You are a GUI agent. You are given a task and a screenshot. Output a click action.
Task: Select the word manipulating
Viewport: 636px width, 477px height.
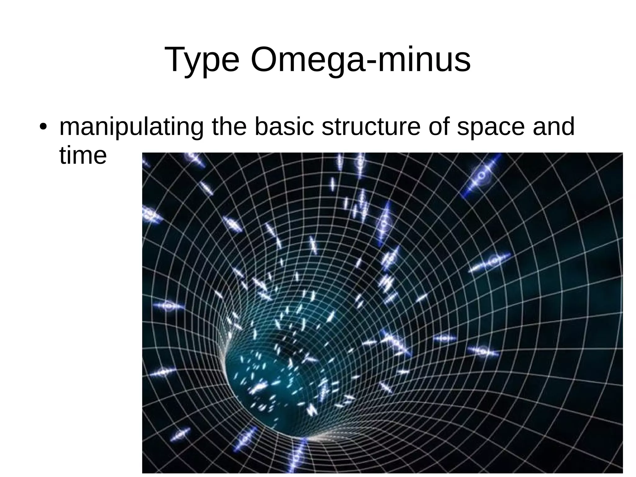(131, 127)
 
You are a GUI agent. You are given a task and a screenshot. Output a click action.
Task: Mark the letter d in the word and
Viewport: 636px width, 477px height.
(567, 126)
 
